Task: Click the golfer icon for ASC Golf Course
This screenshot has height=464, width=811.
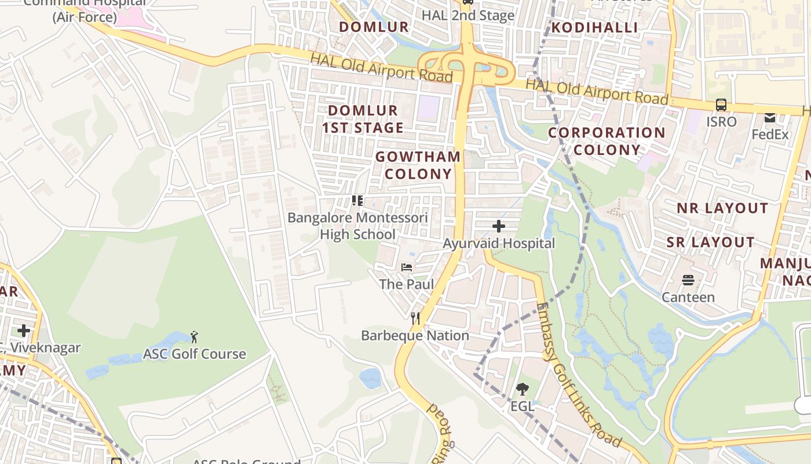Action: click(x=194, y=337)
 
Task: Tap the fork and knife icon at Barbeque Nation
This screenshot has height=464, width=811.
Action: click(x=415, y=318)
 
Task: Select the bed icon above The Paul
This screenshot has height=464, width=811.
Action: click(x=407, y=267)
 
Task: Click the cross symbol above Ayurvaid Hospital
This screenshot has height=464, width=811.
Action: click(x=498, y=226)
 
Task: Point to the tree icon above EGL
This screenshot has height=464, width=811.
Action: click(x=522, y=389)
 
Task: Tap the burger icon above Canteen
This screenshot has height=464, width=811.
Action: click(x=688, y=281)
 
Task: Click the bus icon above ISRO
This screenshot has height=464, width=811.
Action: click(x=721, y=105)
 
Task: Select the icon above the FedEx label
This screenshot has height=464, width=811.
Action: click(x=770, y=118)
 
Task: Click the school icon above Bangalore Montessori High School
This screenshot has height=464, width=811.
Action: click(x=357, y=201)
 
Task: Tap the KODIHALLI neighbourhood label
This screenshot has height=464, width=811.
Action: click(x=594, y=27)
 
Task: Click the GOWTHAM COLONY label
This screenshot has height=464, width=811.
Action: click(x=418, y=165)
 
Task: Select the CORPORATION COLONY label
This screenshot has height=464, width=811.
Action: click(x=607, y=141)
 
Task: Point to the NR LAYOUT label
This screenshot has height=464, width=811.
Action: click(x=722, y=208)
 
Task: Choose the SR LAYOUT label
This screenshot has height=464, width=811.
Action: click(x=710, y=242)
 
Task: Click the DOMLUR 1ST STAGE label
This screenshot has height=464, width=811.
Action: click(x=363, y=119)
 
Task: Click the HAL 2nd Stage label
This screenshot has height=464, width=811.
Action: click(x=468, y=16)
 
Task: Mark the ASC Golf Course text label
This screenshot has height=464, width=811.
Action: click(x=195, y=354)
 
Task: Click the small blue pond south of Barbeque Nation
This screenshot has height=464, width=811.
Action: click(x=370, y=378)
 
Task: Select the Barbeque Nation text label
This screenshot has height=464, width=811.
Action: click(x=415, y=335)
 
